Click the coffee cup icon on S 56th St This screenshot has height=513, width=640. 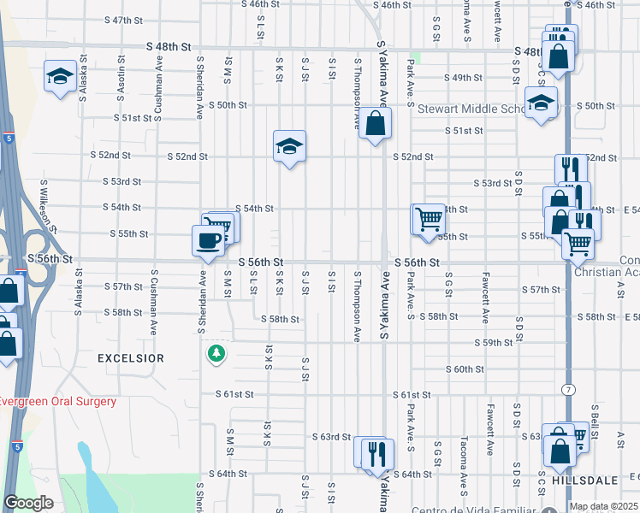(x=208, y=240)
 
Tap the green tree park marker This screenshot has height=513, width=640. (x=216, y=352)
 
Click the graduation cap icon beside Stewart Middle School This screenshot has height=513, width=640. (x=540, y=104)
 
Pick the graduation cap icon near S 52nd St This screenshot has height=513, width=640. (x=289, y=147)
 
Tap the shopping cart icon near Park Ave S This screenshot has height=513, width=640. (x=426, y=218)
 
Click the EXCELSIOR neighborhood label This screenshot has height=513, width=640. (x=130, y=358)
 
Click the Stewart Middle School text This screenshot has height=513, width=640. (x=471, y=109)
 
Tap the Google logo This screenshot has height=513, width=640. (x=27, y=503)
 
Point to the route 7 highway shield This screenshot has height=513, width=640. (x=567, y=390)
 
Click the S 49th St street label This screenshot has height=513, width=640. (x=464, y=78)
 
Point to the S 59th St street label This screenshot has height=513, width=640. (x=494, y=342)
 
